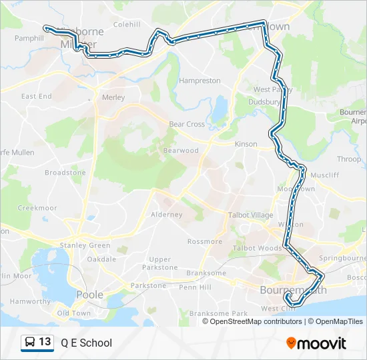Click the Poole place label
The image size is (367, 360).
(90, 294)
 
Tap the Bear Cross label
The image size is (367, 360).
(186, 124)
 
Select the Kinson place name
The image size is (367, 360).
(246, 144)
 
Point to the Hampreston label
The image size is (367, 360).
(200, 81)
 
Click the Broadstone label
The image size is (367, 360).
(65, 173)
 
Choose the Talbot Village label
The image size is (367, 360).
(251, 215)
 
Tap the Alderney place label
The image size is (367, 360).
(166, 215)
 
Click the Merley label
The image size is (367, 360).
(113, 97)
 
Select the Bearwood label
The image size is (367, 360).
(181, 151)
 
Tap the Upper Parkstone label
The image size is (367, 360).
(160, 263)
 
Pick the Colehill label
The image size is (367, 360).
(127, 24)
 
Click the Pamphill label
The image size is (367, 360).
(29, 39)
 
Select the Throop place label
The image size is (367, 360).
(349, 159)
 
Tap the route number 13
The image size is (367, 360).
(45, 343)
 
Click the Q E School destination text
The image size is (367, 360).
(86, 343)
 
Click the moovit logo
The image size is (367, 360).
(316, 343)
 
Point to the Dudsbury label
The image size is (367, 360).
(264, 102)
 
